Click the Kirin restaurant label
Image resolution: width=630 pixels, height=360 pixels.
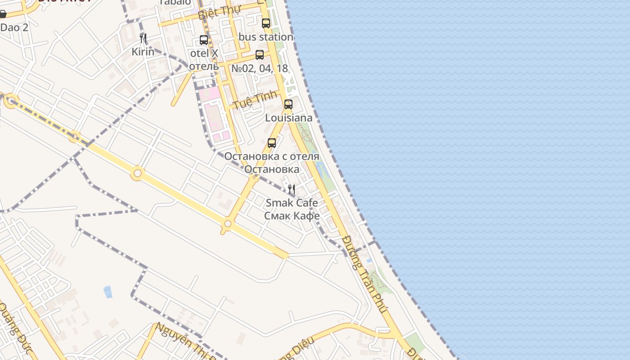tap(143, 52)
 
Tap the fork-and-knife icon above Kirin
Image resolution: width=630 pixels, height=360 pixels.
tap(143, 38)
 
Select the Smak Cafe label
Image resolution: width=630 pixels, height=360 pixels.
tap(292, 202)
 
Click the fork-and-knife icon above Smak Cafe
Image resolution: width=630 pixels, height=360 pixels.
tap(292, 189)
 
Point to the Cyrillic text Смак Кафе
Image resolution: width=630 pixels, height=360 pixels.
tap(292, 216)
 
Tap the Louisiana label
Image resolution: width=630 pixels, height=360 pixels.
tap(288, 118)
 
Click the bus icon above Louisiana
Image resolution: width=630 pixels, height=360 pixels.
tap(288, 104)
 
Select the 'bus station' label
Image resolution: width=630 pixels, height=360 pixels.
tap(266, 37)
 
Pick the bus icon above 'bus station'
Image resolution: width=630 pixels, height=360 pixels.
tap(266, 23)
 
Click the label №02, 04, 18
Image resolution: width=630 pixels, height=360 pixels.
tap(260, 68)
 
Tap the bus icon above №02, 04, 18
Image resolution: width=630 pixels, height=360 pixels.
tap(260, 55)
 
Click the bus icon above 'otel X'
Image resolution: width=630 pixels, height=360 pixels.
tap(204, 40)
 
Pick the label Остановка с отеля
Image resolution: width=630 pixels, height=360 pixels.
tap(271, 157)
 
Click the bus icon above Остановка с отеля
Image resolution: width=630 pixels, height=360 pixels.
tap(272, 143)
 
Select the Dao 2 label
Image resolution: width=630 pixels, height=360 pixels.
tap(14, 27)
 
